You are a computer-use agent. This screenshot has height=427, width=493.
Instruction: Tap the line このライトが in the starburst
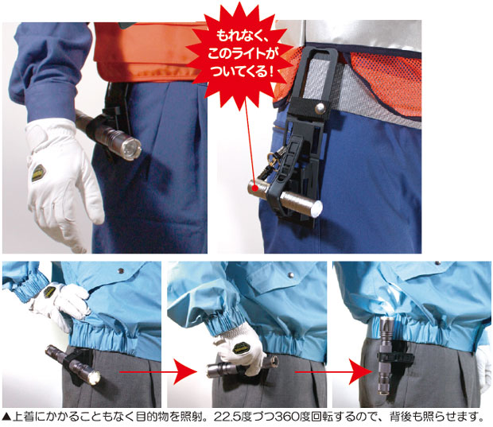tap(246, 55)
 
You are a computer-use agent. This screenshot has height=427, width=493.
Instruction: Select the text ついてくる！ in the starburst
tap(246, 72)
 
